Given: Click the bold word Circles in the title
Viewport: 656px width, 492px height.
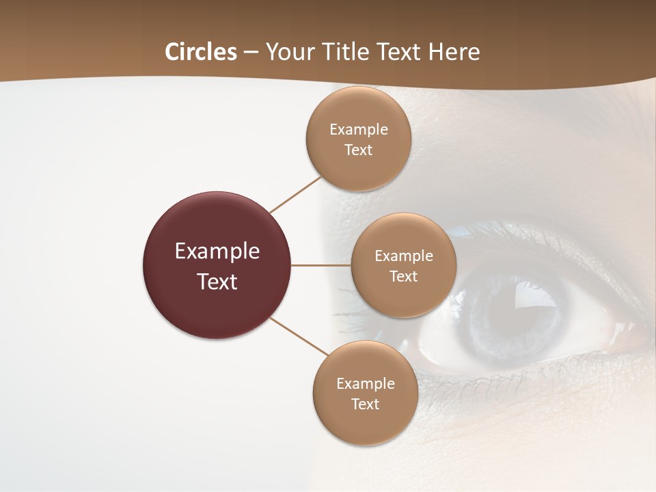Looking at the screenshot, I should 201,52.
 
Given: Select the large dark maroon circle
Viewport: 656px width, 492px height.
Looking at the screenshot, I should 217,265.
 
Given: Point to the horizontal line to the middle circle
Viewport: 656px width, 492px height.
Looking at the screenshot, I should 321,265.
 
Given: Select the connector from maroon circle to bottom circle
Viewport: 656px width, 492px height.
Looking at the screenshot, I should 299,337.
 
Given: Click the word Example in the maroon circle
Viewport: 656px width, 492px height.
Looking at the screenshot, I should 217,251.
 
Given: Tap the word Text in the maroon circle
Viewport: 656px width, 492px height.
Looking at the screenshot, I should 217,282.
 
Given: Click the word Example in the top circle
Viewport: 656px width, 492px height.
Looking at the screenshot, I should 358,129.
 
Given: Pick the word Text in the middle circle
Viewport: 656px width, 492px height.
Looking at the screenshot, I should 403,276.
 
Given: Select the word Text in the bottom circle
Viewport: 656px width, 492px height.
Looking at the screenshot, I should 365,404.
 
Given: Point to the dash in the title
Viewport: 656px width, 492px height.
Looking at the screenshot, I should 250,52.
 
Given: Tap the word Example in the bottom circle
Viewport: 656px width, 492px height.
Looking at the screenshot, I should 365,383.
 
